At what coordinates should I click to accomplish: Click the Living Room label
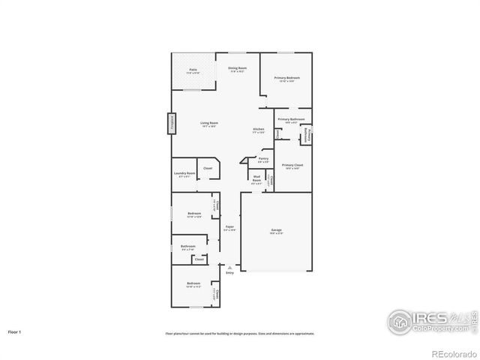(x=209, y=124)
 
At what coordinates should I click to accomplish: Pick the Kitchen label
(x=258, y=130)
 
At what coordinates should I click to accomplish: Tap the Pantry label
(x=263, y=160)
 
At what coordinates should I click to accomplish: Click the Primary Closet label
(x=292, y=166)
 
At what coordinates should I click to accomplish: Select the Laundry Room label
(x=184, y=175)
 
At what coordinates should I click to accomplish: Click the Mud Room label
(x=256, y=179)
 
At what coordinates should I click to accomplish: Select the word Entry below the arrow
(x=229, y=272)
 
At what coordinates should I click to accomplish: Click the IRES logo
(x=430, y=319)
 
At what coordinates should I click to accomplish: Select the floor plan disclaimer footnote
(x=240, y=334)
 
